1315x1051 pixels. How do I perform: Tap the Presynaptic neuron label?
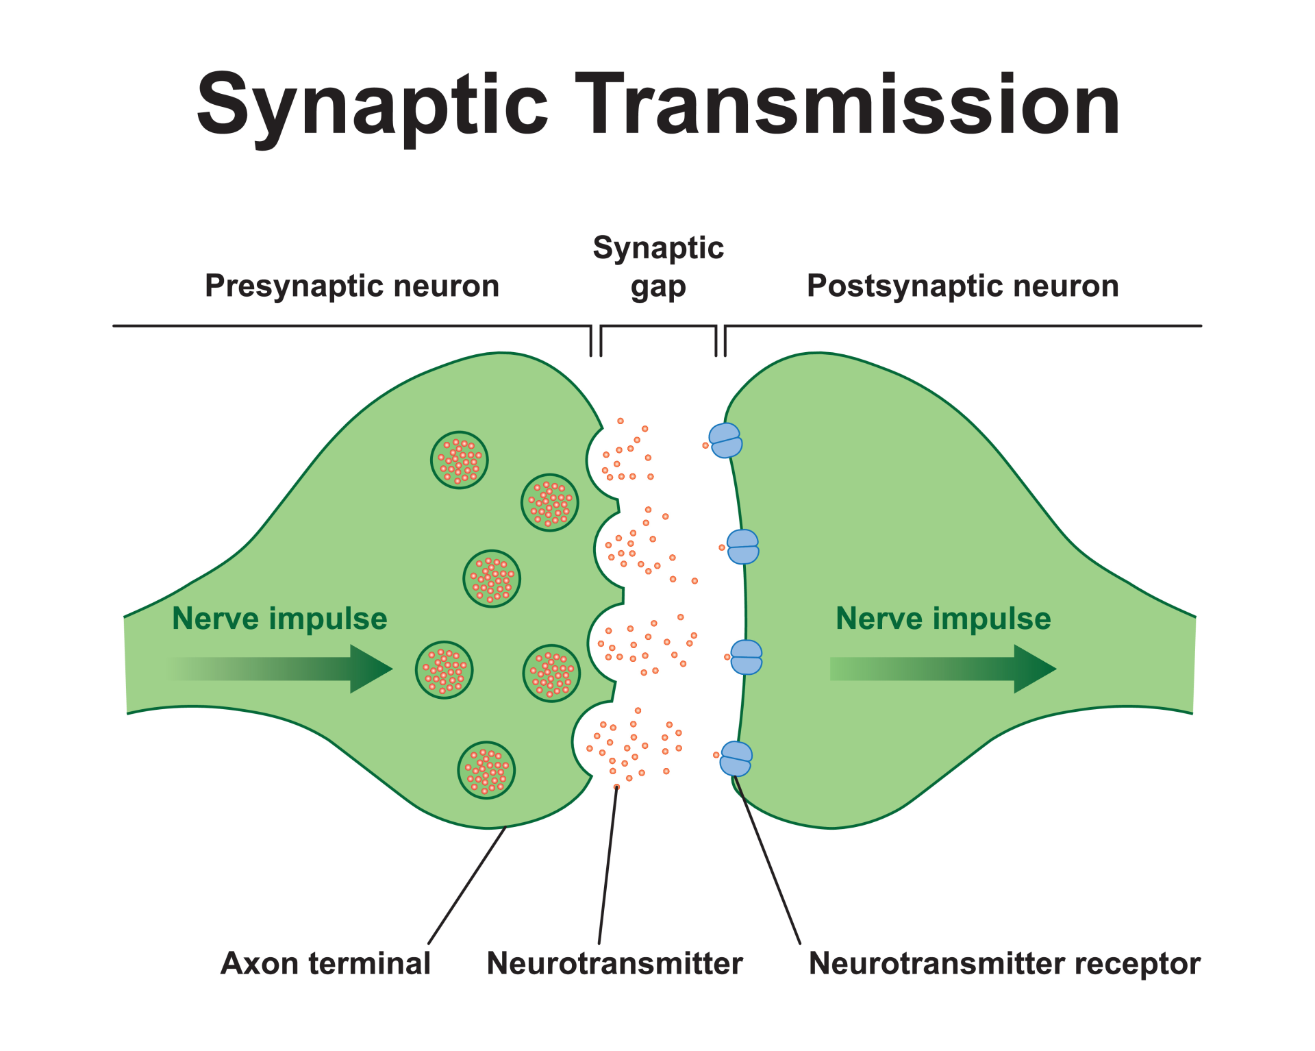click(352, 286)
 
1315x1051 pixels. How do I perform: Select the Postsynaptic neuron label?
click(962, 286)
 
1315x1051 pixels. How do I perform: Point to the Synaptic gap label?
click(658, 267)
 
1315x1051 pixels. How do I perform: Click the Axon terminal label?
click(325, 963)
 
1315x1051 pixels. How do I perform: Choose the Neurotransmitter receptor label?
click(1004, 963)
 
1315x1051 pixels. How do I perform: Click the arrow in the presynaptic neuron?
click(288, 669)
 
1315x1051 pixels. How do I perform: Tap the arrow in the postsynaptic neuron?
click(945, 669)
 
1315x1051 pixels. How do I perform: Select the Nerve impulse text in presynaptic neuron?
click(279, 619)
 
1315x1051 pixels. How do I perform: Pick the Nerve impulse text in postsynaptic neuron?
click(943, 619)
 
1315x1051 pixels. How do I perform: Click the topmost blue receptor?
click(725, 441)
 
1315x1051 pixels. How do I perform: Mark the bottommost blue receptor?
click(736, 758)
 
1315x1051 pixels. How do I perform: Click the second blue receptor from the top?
click(742, 547)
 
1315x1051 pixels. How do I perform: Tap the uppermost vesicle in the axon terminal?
click(460, 460)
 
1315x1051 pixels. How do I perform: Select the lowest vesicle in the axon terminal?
click(486, 770)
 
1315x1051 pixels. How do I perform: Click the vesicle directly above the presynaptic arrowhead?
click(492, 579)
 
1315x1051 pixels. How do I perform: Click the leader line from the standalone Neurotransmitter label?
click(608, 867)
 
